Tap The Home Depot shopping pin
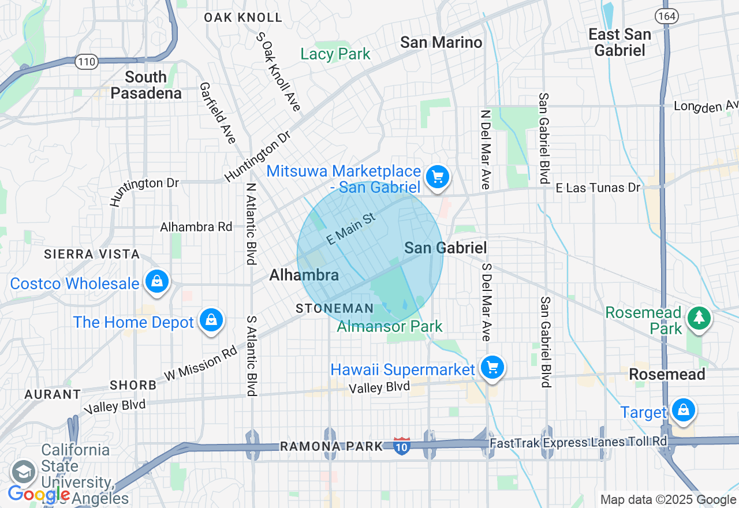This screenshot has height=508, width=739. tap(211, 320)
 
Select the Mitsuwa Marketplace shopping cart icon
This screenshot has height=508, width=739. tap(437, 177)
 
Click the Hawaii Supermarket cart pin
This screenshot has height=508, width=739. tap(492, 367)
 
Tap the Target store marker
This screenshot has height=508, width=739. tap(684, 410)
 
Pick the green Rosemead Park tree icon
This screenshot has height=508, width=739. tap(699, 317)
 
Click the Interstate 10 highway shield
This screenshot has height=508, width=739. tap(402, 446)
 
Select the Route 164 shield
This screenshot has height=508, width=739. tap(666, 16)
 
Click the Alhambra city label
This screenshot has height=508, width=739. tap(304, 275)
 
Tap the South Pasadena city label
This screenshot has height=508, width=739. tap(146, 85)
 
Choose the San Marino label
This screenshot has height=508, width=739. tap(441, 42)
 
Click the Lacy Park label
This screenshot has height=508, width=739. tap(335, 54)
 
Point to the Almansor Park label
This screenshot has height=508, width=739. tap(390, 326)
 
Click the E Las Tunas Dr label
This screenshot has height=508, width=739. tap(598, 188)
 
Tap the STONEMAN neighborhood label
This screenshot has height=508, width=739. tap(335, 309)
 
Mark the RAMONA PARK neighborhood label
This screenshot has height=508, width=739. tap(331, 446)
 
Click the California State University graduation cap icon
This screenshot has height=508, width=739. tap(24, 471)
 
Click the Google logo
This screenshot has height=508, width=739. tap(39, 494)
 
